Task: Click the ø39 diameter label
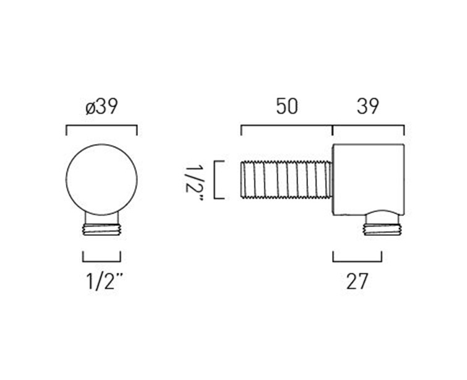tap(101, 106)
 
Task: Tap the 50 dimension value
tap(286, 106)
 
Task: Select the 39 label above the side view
tap(368, 106)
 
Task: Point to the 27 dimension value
tap(357, 281)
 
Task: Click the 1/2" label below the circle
tap(105, 281)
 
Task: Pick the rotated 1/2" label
tap(194, 183)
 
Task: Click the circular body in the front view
tap(101, 179)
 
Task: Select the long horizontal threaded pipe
tap(286, 179)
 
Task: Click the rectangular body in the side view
tap(369, 179)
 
